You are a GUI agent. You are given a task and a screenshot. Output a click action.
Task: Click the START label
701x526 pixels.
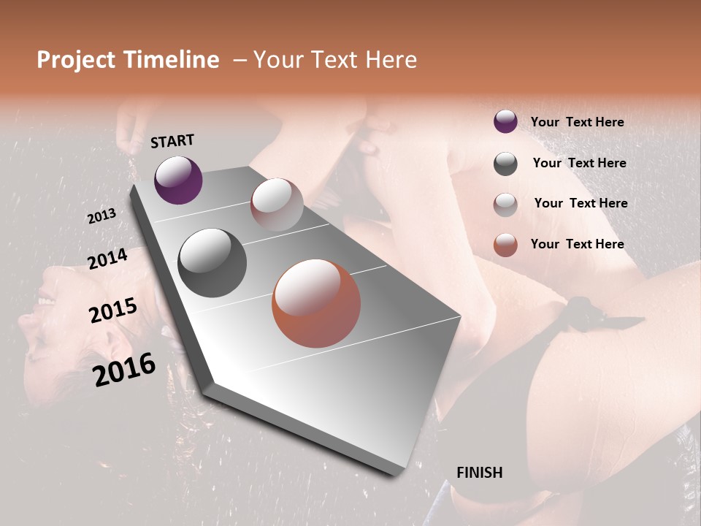click(172, 141)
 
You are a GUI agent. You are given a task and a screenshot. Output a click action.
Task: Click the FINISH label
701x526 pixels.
click(479, 473)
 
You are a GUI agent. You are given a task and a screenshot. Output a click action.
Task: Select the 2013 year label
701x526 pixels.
click(101, 216)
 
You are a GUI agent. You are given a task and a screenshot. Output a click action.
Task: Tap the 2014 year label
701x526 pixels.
click(107, 259)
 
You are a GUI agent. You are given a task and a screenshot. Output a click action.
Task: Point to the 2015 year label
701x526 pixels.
click(112, 310)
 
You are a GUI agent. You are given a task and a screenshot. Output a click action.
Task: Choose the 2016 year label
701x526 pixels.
click(124, 369)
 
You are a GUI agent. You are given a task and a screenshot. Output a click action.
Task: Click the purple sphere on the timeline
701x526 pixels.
click(178, 180)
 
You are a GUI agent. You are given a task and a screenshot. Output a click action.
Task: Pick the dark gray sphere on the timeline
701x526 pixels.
click(212, 262)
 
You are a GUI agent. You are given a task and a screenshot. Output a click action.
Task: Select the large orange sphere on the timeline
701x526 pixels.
click(316, 302)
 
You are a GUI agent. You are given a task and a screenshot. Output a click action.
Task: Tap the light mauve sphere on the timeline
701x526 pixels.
click(277, 205)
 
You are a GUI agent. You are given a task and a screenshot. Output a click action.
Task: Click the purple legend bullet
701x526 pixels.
click(505, 121)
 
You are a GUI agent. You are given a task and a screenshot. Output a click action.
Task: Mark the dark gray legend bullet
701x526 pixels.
click(505, 164)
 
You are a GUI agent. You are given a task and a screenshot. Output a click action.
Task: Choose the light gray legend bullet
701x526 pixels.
click(505, 204)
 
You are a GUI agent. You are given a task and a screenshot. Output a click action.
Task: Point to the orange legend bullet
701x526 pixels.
click(505, 245)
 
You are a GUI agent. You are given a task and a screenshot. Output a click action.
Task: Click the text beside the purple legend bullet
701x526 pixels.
click(577, 122)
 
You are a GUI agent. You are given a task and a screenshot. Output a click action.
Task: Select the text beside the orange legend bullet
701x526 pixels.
click(577, 244)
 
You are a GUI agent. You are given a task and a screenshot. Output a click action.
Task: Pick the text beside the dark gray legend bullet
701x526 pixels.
click(579, 163)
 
